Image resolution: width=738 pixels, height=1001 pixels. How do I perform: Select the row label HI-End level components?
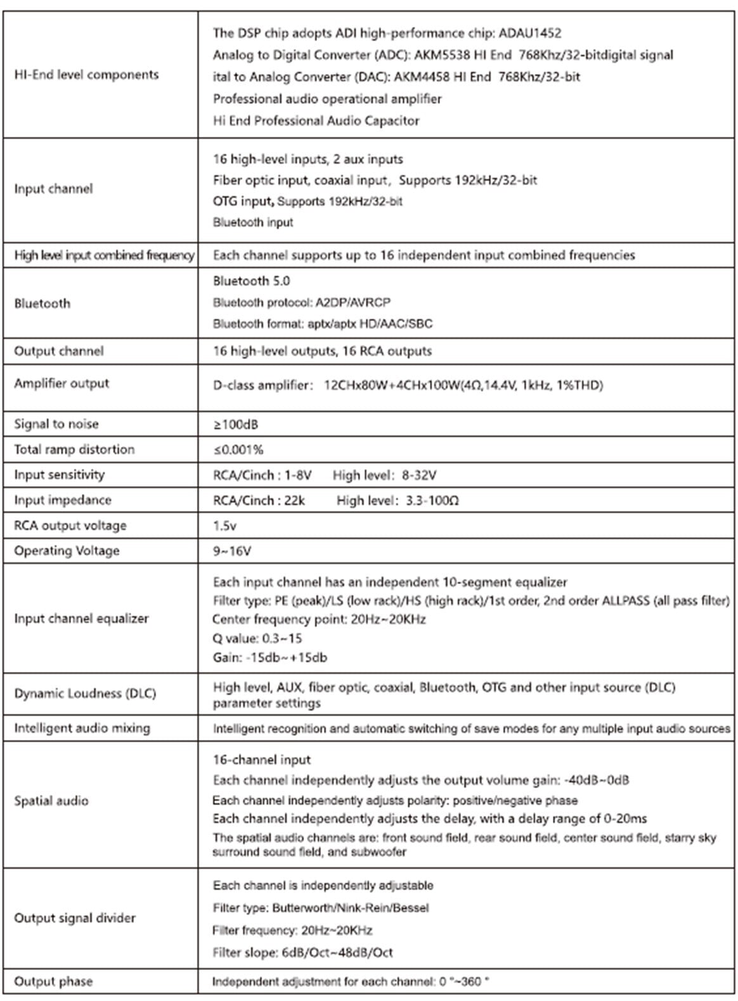coord(86,75)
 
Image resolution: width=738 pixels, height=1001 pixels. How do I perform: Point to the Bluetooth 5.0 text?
coord(251,281)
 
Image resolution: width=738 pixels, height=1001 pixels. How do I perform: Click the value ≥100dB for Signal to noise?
coord(235,424)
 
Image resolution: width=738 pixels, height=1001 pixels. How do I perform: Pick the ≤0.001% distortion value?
coord(238,449)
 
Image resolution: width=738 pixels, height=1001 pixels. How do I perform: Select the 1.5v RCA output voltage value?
coord(224,526)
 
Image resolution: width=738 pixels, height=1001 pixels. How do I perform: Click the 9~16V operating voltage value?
coord(231,551)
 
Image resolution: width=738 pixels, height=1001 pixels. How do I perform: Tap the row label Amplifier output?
coord(61,384)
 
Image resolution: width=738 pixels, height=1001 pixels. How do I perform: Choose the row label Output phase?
coord(53,981)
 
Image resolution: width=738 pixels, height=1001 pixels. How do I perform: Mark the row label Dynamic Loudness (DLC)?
coord(85,693)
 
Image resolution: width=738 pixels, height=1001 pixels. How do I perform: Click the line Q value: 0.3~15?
coord(257,638)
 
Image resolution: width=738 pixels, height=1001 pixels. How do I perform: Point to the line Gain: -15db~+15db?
coord(269,657)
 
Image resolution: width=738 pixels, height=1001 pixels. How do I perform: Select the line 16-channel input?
coord(261,759)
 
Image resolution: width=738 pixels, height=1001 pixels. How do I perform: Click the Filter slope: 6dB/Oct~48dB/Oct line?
coord(302,952)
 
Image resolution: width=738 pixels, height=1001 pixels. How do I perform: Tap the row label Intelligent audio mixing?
coord(82,728)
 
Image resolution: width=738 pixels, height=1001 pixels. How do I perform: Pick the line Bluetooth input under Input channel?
coord(252,223)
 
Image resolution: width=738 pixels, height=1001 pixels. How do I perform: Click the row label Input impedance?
coord(62,500)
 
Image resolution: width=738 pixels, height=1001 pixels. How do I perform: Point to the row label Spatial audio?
coord(51,801)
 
